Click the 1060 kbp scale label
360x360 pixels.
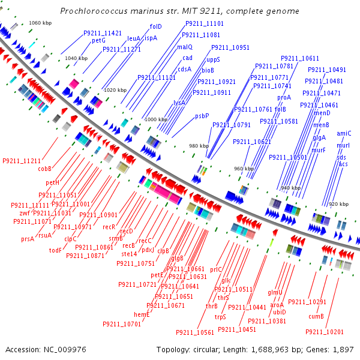point(40,23)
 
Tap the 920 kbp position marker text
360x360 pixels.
point(338,204)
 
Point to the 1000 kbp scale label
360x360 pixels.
point(156,119)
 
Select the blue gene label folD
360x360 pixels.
point(155,26)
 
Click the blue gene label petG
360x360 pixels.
point(98,41)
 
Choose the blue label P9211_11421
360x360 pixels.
point(103,33)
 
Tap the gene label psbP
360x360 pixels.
point(202,116)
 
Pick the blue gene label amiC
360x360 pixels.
point(344,133)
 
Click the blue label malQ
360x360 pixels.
point(185,47)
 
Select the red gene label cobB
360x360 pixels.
point(44,169)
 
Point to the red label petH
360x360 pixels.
point(52,182)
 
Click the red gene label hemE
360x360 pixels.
point(142,314)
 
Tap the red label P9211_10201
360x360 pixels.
point(325,332)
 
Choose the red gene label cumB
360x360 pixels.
point(316,316)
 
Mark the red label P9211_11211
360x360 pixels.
point(22,161)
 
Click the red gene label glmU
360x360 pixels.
point(275,293)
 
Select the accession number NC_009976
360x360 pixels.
point(65,350)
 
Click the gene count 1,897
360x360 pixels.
point(343,350)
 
